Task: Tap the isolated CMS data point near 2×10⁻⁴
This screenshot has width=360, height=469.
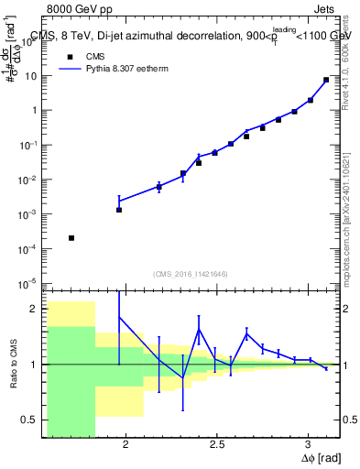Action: tap(71, 238)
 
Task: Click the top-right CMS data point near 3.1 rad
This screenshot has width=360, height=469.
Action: tap(326, 80)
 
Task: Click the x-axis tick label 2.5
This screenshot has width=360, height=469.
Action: tap(217, 445)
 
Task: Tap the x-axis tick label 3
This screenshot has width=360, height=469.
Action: tap(309, 445)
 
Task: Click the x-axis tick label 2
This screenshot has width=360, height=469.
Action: tap(125, 445)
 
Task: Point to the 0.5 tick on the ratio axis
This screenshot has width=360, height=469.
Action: tap(32, 420)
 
